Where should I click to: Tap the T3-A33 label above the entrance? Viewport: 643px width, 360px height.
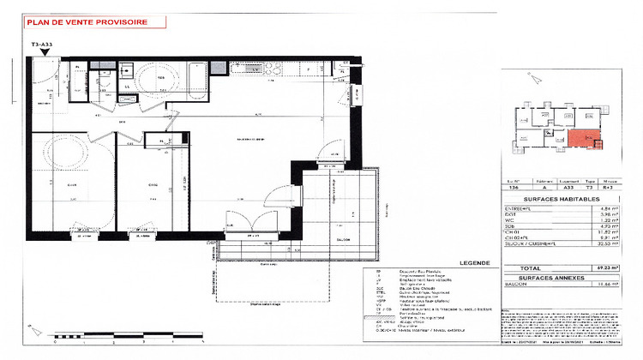pos(43,42)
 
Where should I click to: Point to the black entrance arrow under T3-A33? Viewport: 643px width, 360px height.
pos(43,54)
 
